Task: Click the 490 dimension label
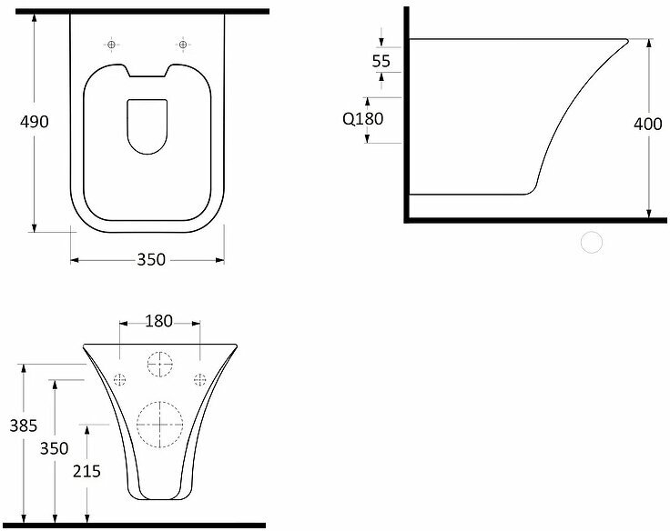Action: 35,122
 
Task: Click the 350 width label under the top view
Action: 151,259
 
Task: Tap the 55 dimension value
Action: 381,61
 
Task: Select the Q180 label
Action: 363,119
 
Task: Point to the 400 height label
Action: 648,124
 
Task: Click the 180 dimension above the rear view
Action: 159,321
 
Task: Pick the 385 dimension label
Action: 24,426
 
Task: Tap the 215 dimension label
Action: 86,471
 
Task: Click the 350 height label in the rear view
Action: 55,448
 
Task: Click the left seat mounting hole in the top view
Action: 112,45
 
